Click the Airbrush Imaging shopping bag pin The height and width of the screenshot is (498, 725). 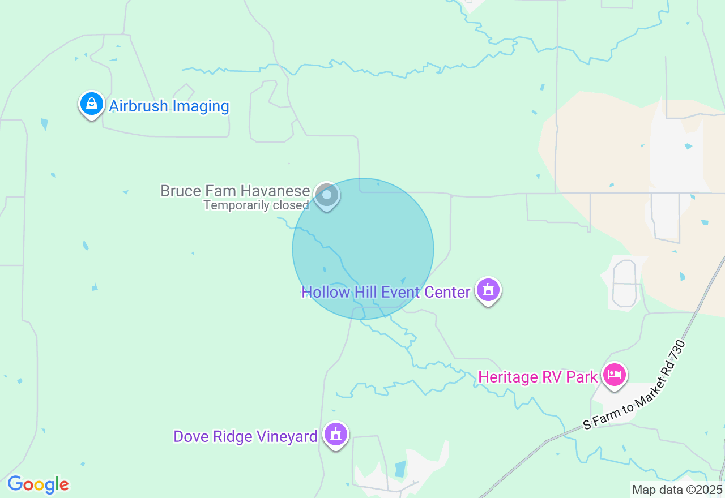pos(91,104)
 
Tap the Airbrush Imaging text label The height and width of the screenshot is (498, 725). pos(169,106)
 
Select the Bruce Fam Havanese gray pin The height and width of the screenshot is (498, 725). pos(326,195)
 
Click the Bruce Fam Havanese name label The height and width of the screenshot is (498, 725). pos(235,191)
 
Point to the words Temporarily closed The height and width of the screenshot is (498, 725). pos(256,205)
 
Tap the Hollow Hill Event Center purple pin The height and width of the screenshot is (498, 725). pos(488,290)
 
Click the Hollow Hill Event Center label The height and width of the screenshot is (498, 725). pos(386,293)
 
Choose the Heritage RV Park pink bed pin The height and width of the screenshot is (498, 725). pos(615,375)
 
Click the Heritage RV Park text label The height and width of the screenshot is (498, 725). pos(538,377)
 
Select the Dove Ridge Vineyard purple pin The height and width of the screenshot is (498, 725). pos(336,435)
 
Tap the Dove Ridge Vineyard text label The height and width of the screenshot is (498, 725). pos(245,437)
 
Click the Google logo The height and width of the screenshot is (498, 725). pos(39,484)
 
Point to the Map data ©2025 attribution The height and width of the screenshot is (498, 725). pos(677,490)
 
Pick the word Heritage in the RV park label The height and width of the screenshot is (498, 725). pos(507,377)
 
